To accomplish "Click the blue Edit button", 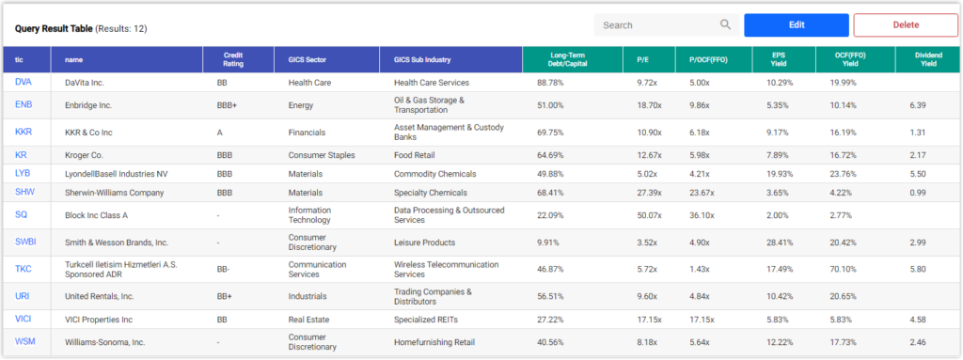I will click(796, 25).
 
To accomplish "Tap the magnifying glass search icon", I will click(725, 25).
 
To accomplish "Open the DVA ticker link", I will click(23, 83).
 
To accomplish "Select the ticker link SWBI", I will click(25, 243).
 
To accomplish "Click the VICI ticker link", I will click(24, 321).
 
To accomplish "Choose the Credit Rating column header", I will click(240, 59).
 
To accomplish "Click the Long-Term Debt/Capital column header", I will click(572, 59).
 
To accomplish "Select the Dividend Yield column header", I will click(928, 59).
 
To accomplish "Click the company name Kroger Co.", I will click(86, 154).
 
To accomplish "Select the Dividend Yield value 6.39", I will click(918, 105).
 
